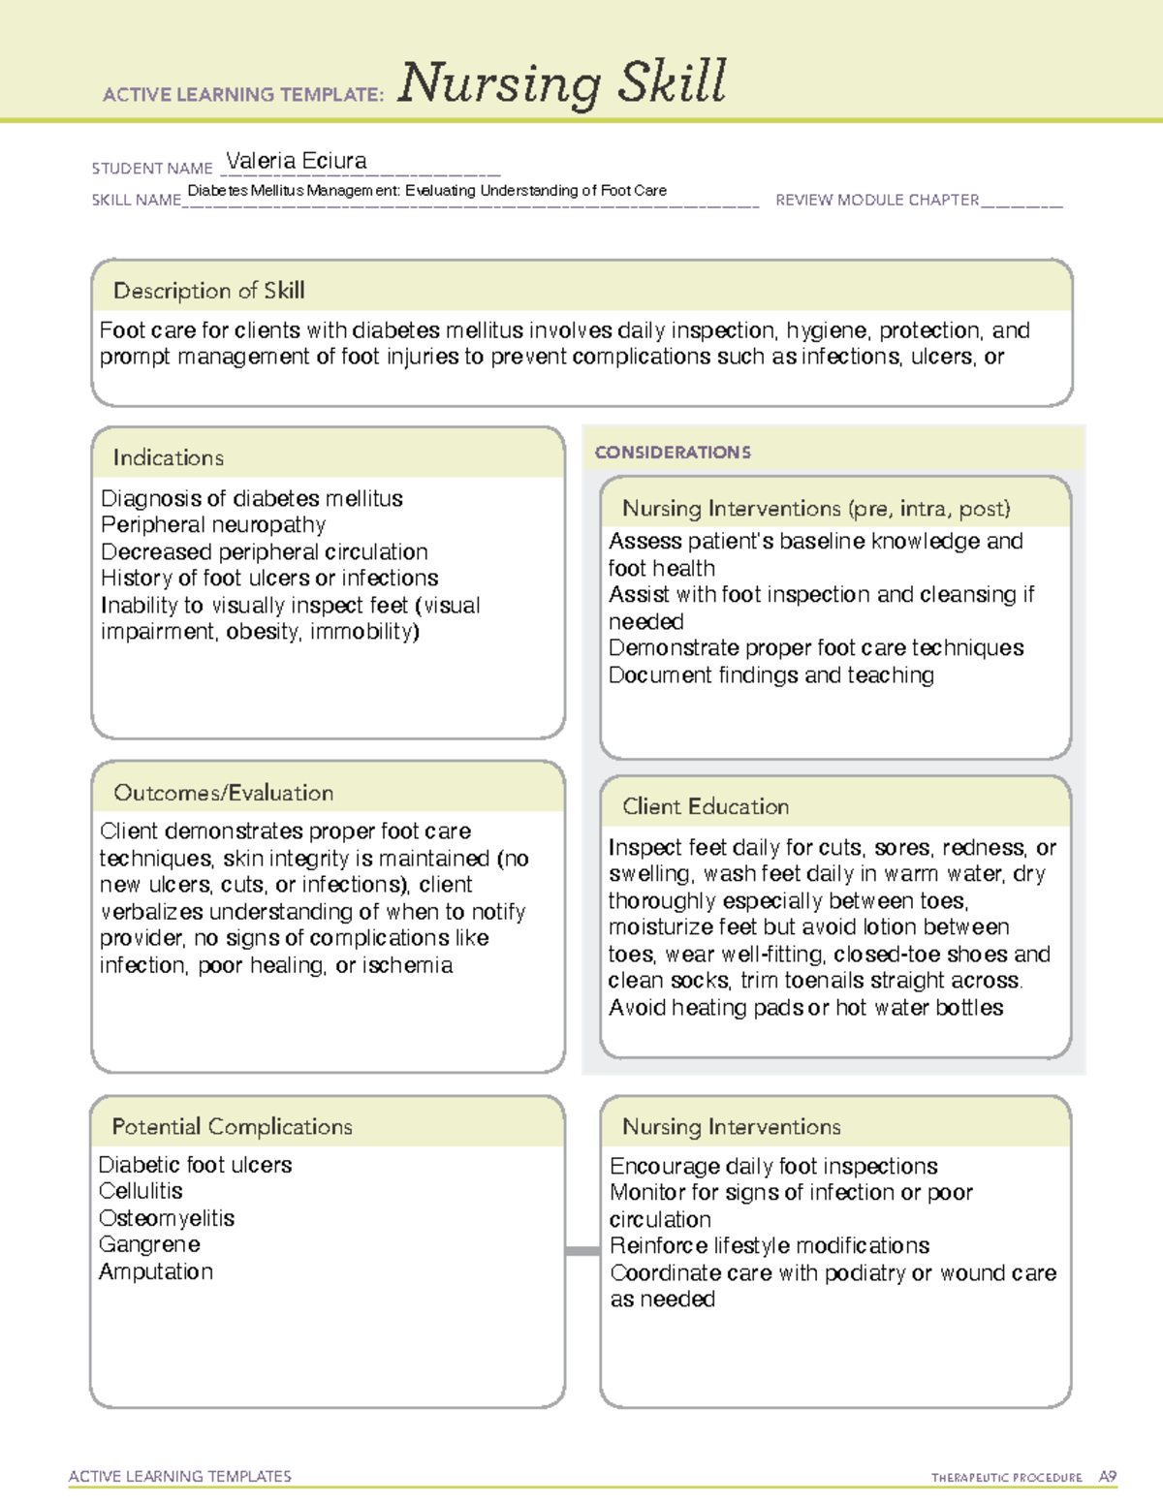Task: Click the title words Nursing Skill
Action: click(561, 83)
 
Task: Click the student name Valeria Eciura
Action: click(296, 161)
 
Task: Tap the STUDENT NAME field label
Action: click(152, 169)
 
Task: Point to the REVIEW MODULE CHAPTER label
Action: click(877, 201)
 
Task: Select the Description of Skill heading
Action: click(208, 291)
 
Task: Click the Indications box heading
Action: click(168, 457)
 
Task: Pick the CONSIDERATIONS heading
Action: click(673, 453)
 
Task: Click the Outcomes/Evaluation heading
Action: click(223, 793)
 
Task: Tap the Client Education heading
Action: click(706, 806)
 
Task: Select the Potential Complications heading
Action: click(232, 1126)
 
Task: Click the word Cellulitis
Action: click(141, 1191)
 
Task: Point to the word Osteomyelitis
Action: click(167, 1218)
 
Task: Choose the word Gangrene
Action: click(149, 1244)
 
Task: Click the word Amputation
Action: click(156, 1271)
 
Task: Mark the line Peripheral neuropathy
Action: click(213, 524)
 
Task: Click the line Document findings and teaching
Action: click(771, 674)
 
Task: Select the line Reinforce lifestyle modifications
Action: click(770, 1245)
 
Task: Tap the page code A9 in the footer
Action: click(1108, 1477)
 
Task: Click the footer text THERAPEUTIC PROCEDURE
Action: click(1006, 1478)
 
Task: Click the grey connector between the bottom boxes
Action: click(582, 1251)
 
